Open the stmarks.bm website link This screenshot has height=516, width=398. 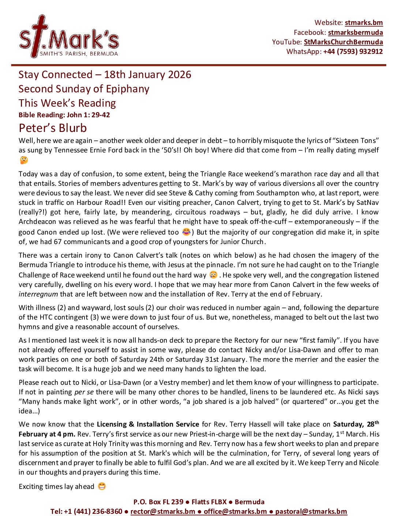click(x=364, y=23)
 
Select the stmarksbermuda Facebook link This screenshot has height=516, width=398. click(x=355, y=32)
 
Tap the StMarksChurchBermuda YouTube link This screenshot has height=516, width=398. click(x=343, y=42)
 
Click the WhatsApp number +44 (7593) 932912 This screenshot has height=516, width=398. click(x=353, y=51)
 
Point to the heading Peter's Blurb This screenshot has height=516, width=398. click(x=53, y=128)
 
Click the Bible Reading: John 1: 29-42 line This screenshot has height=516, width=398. click(x=64, y=115)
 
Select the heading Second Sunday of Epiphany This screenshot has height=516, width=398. click(x=84, y=89)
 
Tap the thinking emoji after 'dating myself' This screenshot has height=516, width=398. click(x=24, y=160)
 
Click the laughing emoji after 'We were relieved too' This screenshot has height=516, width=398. click(x=186, y=232)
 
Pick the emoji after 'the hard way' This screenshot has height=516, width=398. click(x=213, y=275)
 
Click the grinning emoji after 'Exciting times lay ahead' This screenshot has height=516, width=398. click(x=102, y=486)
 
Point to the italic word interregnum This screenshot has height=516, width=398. click(x=38, y=294)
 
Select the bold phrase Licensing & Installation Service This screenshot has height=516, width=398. click(x=148, y=424)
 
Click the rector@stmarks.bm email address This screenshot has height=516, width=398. click(x=162, y=511)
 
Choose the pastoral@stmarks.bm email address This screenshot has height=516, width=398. click(x=311, y=511)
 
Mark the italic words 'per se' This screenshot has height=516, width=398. click(x=84, y=392)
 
